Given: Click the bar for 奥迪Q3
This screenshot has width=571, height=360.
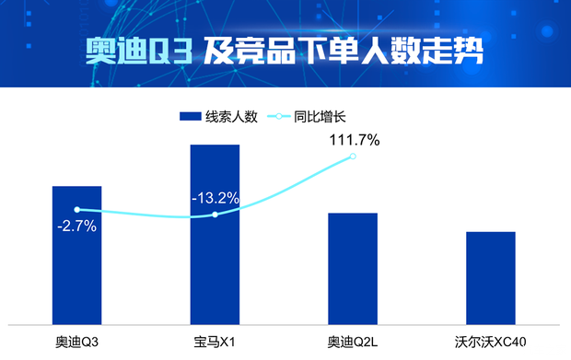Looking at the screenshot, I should coord(76,267).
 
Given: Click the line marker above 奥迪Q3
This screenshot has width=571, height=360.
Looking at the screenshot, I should coord(76,210).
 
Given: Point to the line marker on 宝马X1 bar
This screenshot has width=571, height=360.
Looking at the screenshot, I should coord(215,215).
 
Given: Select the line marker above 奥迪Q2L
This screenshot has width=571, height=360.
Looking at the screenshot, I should coord(353,157).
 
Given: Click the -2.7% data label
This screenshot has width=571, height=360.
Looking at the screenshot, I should coord(76,226).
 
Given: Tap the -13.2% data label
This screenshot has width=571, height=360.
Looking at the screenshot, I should coord(216,197).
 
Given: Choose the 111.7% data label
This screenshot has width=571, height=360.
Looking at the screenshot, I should coord(354,140).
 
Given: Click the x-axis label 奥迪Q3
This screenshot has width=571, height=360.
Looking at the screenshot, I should coord(76,343).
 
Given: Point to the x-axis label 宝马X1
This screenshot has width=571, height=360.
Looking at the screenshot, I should coord(215,343).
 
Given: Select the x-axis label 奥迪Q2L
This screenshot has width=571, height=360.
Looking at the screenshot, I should coord(353,343).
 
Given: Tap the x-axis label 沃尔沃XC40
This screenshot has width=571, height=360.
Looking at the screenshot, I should coord(490,343).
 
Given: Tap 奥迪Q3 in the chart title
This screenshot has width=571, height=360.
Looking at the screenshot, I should coord(139,50).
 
